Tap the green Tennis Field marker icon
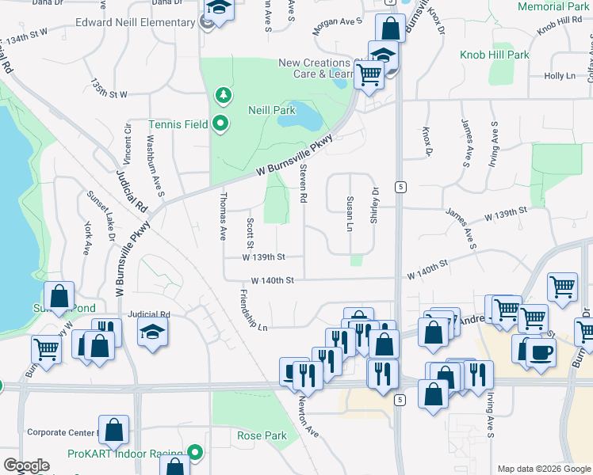pyautogui.click(x=222, y=123)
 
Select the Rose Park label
pyautogui.click(x=262, y=436)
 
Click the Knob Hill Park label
pyautogui.click(x=495, y=55)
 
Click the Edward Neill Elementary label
pyautogui.click(x=135, y=22)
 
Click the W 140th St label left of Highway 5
pyautogui.click(x=273, y=280)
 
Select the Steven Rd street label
pyautogui.click(x=303, y=188)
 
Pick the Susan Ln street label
pyautogui.click(x=349, y=212)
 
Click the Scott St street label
pyautogui.click(x=250, y=231)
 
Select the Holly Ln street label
pyautogui.click(x=559, y=76)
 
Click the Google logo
pyautogui.click(x=26, y=465)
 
